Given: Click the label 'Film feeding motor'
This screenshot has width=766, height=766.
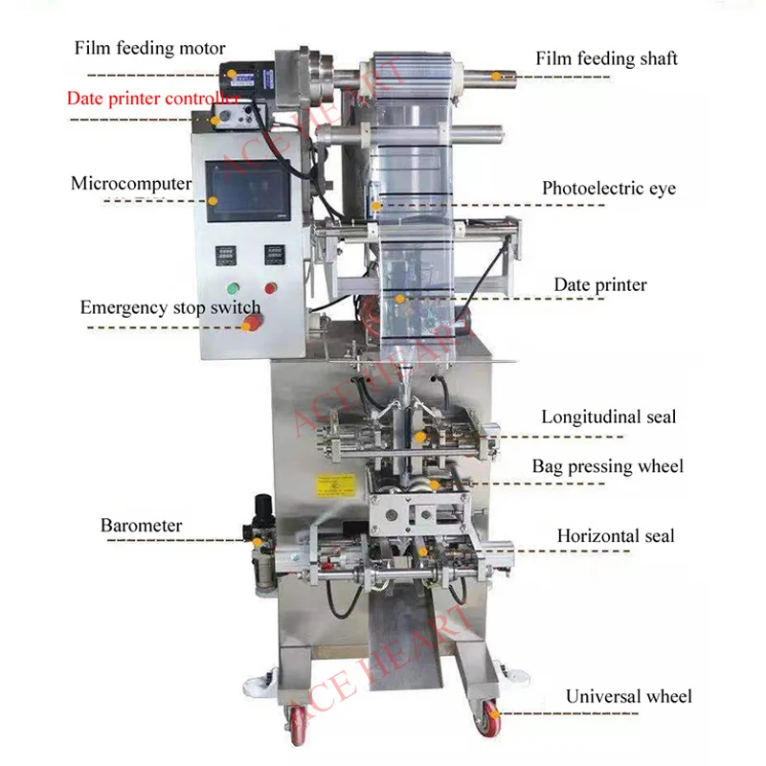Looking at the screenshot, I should (x=151, y=49).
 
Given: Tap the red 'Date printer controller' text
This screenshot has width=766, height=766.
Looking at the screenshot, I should (x=153, y=98).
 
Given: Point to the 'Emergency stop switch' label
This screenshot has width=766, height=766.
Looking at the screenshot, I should (x=169, y=307).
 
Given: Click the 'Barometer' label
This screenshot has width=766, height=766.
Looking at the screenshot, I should (x=141, y=525).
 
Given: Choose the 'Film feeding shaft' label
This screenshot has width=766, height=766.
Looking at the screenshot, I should (x=606, y=58).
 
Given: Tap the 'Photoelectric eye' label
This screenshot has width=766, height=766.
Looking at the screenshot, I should (x=609, y=188).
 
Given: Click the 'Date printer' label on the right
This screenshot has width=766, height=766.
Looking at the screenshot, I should (x=600, y=284).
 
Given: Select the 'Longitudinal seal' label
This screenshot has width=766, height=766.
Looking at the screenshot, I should (x=608, y=417).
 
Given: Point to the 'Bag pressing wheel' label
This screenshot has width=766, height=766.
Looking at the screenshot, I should (x=608, y=466).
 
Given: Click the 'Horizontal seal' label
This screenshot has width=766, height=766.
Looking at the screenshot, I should (x=616, y=536).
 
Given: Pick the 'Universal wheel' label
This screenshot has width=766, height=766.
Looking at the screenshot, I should (x=628, y=696).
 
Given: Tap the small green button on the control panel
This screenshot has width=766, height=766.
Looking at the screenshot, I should (x=233, y=289).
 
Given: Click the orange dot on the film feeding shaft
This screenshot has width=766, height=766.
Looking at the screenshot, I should (x=495, y=74).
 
